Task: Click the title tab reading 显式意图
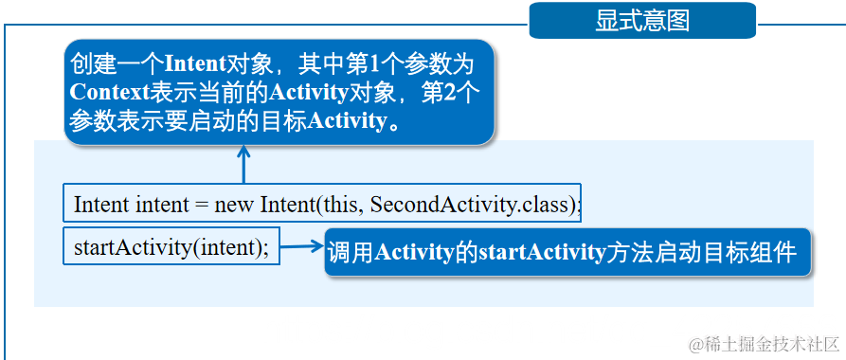pos(642,20)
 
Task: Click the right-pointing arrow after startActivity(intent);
pos(302,248)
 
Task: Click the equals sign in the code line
pos(200,204)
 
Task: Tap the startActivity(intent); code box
pos(171,247)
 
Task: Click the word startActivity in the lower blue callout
pos(541,253)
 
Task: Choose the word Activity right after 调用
pos(416,253)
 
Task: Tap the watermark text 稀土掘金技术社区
pos(772,342)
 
